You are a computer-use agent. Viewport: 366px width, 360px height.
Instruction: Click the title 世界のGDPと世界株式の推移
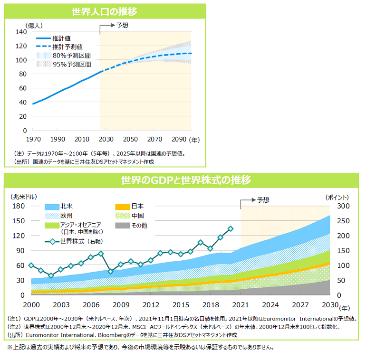185,180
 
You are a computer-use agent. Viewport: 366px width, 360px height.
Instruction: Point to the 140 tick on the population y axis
20,32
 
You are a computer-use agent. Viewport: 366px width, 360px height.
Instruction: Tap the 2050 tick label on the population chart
130,140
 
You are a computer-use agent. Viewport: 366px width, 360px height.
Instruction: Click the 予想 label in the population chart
122,25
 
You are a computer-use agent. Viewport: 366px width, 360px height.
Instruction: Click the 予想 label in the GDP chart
263,200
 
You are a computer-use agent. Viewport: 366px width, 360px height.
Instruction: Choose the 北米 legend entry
67,207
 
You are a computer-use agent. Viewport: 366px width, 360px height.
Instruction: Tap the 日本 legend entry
137,207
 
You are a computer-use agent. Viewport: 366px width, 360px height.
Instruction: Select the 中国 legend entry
137,216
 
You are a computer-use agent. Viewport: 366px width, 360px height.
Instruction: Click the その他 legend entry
139,225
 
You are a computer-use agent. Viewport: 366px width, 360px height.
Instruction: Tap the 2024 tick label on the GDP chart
270,304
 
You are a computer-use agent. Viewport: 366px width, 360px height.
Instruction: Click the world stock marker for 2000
31,265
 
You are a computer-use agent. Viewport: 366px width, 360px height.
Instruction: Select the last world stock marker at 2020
231,228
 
